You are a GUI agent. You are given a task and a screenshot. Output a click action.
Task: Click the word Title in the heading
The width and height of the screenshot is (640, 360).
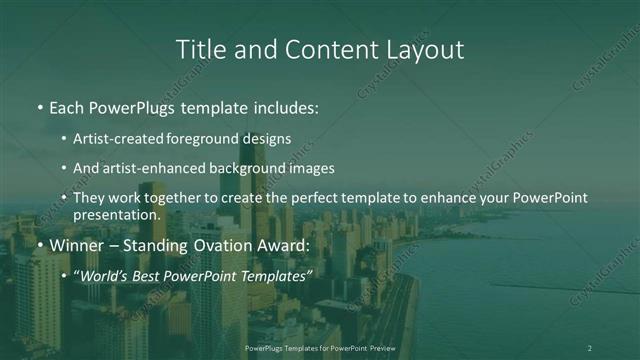pyautogui.click(x=199, y=49)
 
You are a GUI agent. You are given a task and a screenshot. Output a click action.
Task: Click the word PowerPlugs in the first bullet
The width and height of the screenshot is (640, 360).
pyautogui.click(x=136, y=105)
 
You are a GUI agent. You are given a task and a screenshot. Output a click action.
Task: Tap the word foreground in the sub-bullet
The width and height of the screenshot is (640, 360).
pyautogui.click(x=220, y=139)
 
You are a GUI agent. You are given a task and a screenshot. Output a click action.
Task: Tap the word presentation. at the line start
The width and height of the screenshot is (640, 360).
pyautogui.click(x=116, y=215)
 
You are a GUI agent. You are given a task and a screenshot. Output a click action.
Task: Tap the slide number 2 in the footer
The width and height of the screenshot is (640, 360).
pyautogui.click(x=589, y=348)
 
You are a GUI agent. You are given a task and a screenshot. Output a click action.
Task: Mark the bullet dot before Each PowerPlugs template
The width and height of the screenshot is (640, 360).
pyautogui.click(x=40, y=106)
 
